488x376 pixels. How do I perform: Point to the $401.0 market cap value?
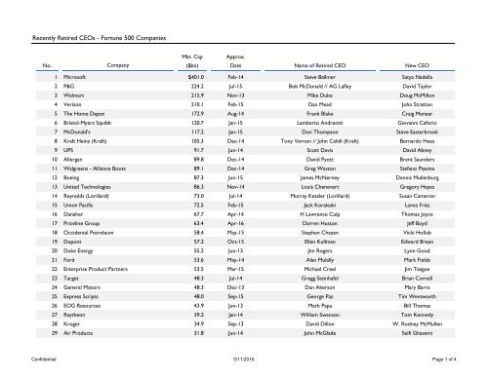pos(192,75)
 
